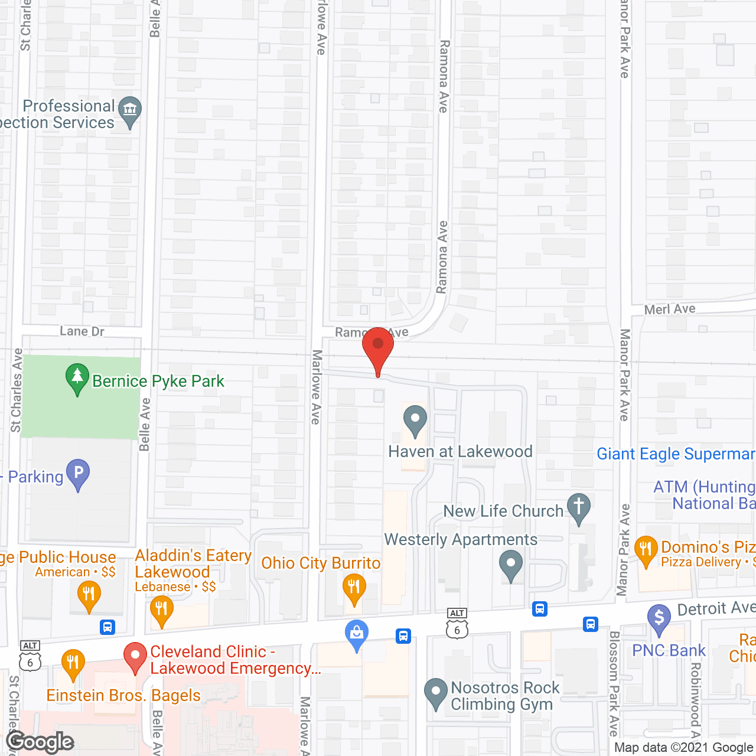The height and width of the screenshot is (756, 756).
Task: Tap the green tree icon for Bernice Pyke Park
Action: pos(77,379)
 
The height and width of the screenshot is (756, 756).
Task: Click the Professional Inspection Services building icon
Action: pos(130,110)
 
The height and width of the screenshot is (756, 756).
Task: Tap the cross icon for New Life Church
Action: pos(579,507)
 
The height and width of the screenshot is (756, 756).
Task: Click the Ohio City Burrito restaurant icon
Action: pos(354,588)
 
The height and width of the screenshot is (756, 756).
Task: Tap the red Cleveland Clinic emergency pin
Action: pos(135,656)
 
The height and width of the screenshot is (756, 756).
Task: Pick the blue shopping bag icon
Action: pos(357,634)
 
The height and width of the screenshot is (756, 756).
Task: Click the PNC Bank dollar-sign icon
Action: pos(659,618)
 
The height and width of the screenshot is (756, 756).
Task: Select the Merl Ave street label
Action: pos(670,309)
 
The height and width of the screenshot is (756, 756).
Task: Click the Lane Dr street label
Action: pos(82,331)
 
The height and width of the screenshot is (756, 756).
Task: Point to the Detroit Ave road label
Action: pos(715,608)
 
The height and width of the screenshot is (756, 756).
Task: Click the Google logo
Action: pos(40,742)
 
